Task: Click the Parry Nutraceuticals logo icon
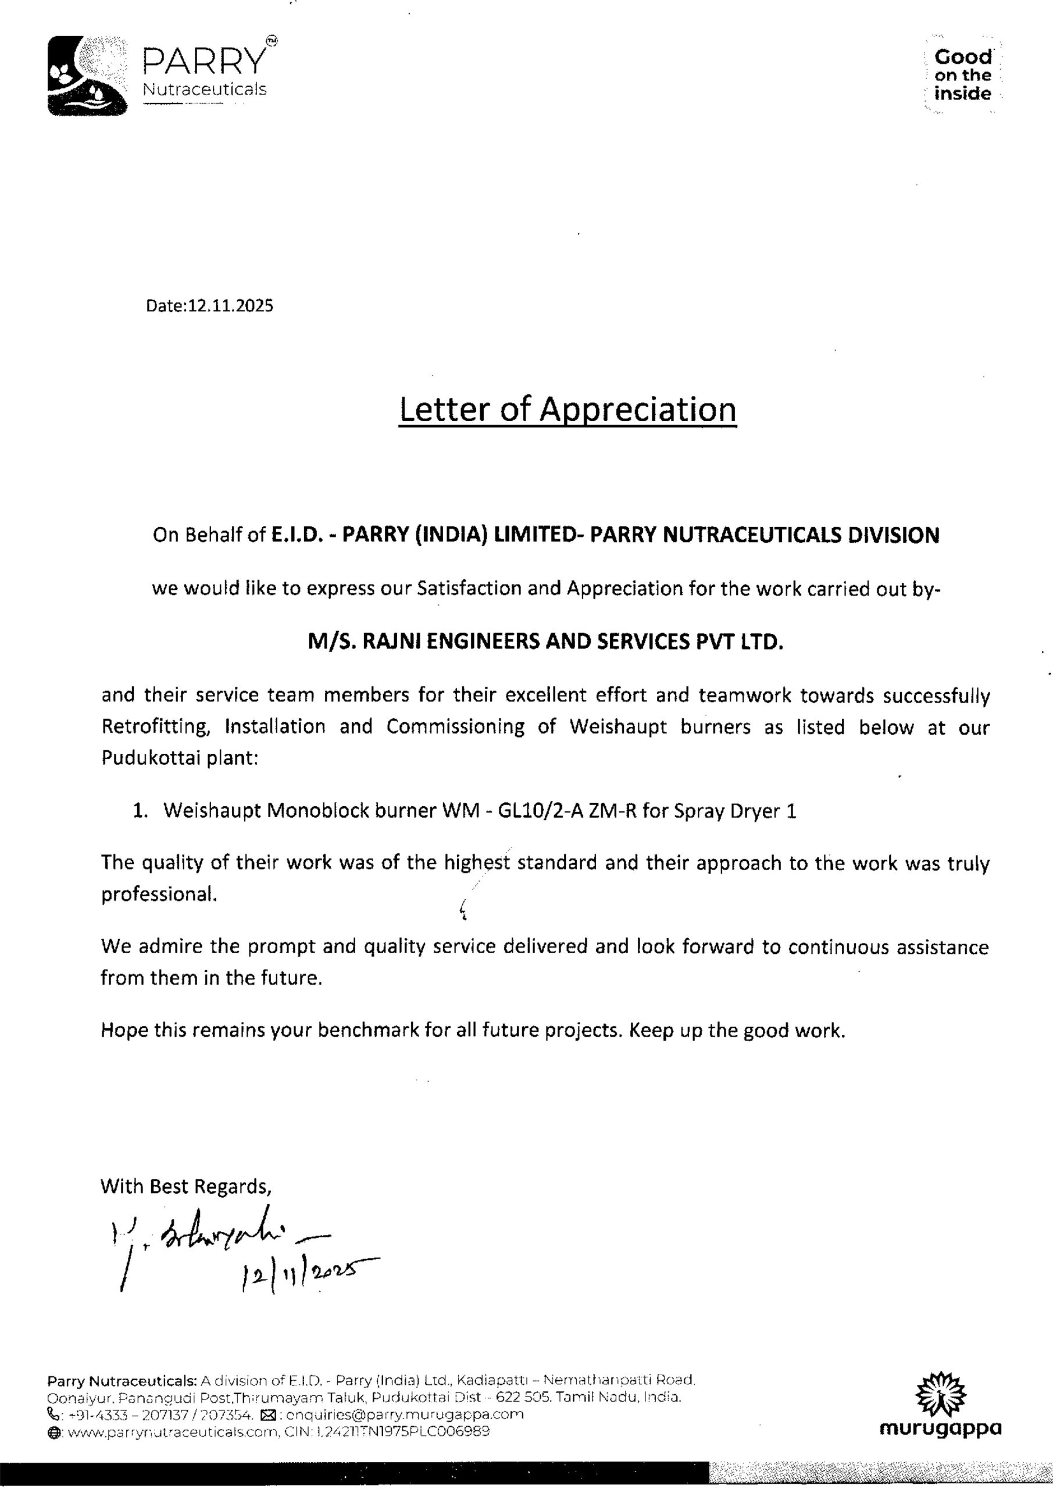click(x=87, y=76)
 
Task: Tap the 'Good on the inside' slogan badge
click(x=962, y=75)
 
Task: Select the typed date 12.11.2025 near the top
click(x=230, y=305)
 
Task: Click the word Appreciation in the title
click(x=638, y=410)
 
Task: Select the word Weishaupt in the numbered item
click(x=212, y=811)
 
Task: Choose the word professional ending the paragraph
click(x=158, y=895)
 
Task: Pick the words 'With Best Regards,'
click(x=185, y=1187)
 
